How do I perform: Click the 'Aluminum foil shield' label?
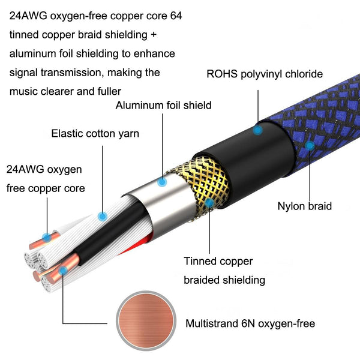click(x=163, y=106)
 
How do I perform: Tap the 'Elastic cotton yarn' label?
click(x=95, y=134)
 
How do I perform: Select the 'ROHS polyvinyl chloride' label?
click(x=265, y=74)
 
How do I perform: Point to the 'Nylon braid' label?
click(x=305, y=206)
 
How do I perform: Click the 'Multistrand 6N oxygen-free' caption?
click(x=250, y=323)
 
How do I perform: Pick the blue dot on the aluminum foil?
click(x=162, y=182)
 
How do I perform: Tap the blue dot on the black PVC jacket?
click(x=257, y=130)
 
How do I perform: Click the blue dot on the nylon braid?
click(x=310, y=146)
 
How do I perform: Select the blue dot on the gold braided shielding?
click(x=209, y=203)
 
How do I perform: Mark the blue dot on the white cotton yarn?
click(x=103, y=216)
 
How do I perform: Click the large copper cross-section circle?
click(x=146, y=321)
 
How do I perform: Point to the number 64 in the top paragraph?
click(x=176, y=16)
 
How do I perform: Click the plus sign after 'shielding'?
click(x=154, y=35)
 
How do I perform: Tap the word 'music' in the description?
click(x=23, y=91)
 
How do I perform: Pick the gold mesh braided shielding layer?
click(x=202, y=186)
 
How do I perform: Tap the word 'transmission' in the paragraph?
click(x=71, y=73)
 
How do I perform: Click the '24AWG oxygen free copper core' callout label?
click(x=46, y=179)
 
